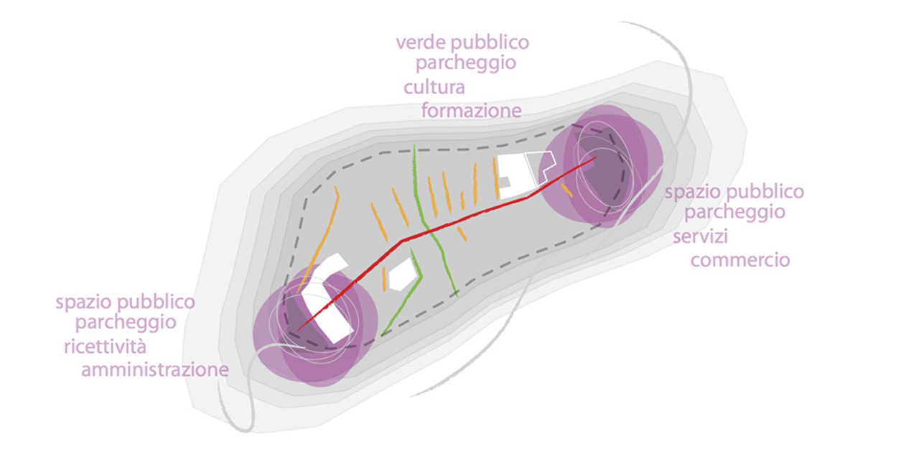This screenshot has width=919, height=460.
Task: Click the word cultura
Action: point(434,88)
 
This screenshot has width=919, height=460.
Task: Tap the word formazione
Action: point(471,111)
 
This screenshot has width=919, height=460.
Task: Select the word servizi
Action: point(700,237)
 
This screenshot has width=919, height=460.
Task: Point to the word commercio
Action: point(740,259)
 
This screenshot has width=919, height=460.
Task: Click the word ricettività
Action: point(105,347)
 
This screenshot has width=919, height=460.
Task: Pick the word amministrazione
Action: point(155,370)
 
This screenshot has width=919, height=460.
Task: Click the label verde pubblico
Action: point(462,42)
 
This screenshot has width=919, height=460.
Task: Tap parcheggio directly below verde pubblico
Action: point(466,63)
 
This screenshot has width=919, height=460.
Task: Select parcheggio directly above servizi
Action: point(734,213)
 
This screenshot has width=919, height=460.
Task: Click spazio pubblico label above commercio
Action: point(734,192)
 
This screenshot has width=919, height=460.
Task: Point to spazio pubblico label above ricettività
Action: point(126,301)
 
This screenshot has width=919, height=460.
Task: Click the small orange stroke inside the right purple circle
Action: point(566,190)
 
